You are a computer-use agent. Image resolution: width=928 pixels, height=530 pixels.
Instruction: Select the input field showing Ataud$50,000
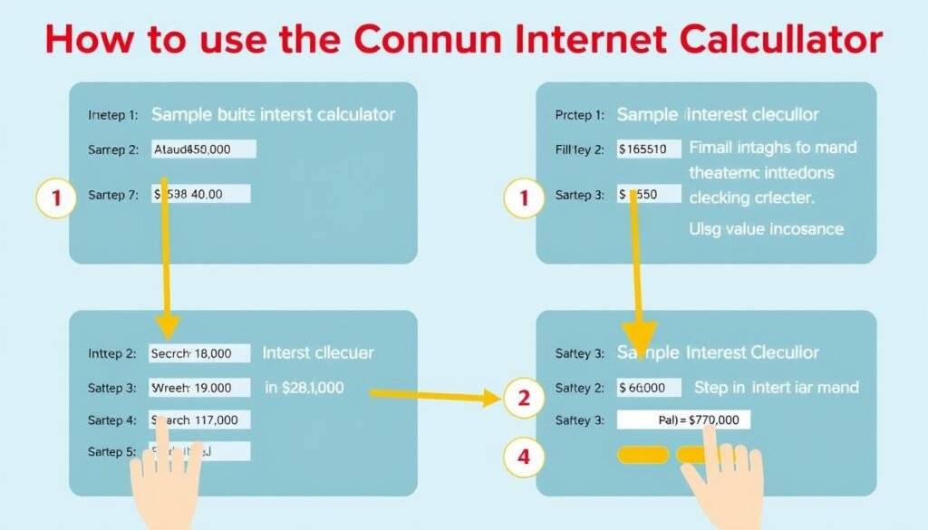[204, 149]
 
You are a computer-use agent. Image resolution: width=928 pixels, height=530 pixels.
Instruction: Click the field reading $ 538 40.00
[201, 194]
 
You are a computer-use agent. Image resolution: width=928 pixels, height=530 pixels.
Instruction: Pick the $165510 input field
[649, 149]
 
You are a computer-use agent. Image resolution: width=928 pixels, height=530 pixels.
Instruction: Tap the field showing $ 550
[649, 194]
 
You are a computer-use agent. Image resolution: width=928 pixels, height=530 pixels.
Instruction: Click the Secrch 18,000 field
[199, 353]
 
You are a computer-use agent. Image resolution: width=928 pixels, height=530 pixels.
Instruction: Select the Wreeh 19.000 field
[199, 388]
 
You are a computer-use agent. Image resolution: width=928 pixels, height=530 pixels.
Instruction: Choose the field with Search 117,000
[199, 419]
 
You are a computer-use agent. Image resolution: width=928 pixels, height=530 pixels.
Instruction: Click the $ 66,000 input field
[649, 388]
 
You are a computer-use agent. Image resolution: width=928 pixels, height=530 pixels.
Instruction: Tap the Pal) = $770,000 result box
[683, 420]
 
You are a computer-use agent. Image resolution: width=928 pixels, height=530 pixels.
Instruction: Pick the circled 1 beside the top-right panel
[522, 199]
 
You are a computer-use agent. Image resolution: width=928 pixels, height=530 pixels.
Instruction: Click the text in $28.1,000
[304, 388]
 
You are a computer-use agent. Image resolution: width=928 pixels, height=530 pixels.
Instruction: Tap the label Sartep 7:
[113, 194]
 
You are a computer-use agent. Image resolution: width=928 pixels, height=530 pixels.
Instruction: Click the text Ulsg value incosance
[766, 228]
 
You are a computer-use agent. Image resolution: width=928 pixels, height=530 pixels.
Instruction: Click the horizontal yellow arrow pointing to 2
[426, 394]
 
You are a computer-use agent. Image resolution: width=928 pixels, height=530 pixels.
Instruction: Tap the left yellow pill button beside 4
[643, 455]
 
